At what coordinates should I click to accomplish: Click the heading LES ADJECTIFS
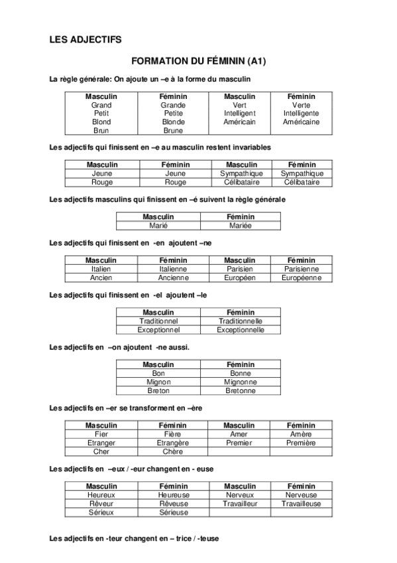[x=85, y=39]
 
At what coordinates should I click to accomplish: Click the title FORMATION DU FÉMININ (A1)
[x=198, y=62]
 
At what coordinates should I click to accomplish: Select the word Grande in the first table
[x=173, y=105]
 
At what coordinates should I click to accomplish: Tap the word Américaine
[x=300, y=122]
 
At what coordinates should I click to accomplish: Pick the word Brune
[x=173, y=131]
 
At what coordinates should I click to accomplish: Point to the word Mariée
[x=240, y=225]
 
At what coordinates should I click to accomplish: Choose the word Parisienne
[x=302, y=269]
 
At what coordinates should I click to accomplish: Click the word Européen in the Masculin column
[x=240, y=278]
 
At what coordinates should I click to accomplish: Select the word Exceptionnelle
[x=240, y=329]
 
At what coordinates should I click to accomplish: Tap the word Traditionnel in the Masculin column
[x=158, y=321]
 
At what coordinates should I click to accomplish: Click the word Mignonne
[x=240, y=382]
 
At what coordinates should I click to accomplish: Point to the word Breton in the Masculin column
[x=158, y=390]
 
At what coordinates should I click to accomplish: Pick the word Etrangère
[x=173, y=442]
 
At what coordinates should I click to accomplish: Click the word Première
[x=300, y=442]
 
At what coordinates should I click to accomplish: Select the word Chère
[x=173, y=451]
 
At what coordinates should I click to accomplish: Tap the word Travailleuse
[x=300, y=503]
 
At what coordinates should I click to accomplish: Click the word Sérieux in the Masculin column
[x=101, y=512]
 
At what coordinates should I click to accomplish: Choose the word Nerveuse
[x=300, y=495]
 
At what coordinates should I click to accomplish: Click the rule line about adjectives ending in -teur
[x=134, y=538]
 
